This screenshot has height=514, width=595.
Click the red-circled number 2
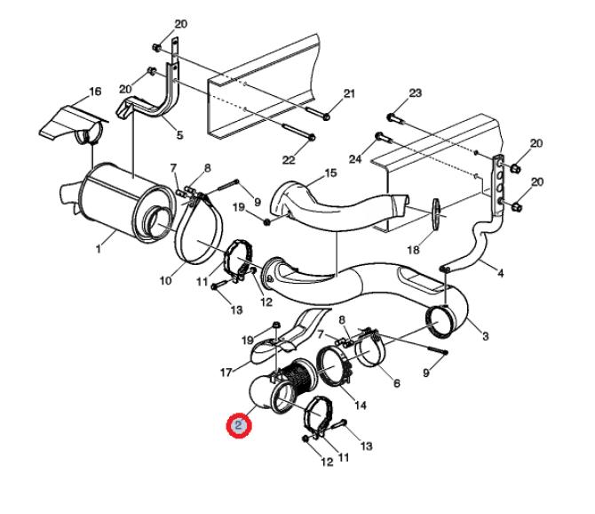click(x=239, y=425)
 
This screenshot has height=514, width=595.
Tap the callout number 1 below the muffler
click(x=99, y=249)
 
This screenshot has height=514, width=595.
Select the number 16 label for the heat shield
click(x=95, y=92)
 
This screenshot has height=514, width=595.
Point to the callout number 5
click(x=179, y=134)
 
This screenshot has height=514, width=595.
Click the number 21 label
click(x=349, y=93)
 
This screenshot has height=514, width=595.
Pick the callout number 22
click(x=289, y=159)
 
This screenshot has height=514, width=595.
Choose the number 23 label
click(x=415, y=93)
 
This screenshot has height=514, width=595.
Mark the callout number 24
click(x=355, y=159)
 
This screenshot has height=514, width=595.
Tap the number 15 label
click(x=331, y=173)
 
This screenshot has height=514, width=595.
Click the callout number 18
click(x=413, y=250)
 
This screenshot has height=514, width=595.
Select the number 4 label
click(x=501, y=273)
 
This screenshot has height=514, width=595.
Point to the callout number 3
click(x=486, y=336)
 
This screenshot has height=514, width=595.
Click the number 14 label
click(x=361, y=406)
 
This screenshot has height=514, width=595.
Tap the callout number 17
click(x=226, y=373)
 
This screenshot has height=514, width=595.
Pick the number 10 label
click(x=165, y=281)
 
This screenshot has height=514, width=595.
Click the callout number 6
click(x=397, y=383)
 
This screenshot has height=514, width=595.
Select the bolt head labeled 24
click(x=379, y=136)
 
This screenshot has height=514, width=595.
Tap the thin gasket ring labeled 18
click(x=436, y=214)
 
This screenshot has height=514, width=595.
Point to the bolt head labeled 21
click(x=326, y=116)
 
